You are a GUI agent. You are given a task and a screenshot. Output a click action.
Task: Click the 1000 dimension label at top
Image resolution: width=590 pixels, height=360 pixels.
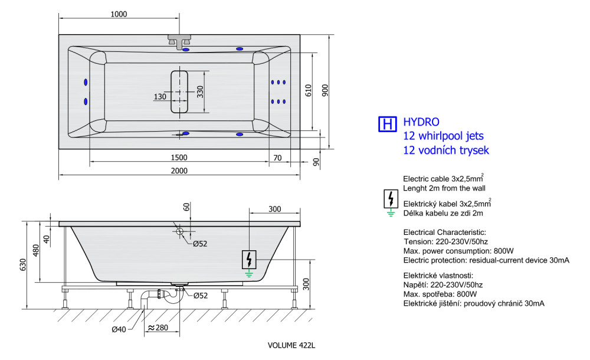[x=119, y=14]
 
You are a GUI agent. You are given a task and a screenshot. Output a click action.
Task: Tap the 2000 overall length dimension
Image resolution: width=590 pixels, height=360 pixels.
[x=179, y=171]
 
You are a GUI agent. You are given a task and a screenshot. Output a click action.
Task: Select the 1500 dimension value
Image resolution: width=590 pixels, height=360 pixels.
[x=179, y=158]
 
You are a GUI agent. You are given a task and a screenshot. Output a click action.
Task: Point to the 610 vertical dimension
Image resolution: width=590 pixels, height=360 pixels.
[x=308, y=90]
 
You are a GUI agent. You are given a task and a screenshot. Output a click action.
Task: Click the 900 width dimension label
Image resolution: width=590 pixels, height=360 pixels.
[x=325, y=90]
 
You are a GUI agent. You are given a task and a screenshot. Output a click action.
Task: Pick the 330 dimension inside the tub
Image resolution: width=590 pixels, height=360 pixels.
[x=200, y=92]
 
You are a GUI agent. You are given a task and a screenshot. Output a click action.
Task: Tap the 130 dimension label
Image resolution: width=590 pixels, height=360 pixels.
[x=160, y=97]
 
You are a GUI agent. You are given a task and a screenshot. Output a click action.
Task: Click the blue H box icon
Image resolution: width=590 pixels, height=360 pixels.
[x=387, y=124]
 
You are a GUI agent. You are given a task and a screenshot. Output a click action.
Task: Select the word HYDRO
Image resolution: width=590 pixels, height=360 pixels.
[x=421, y=122]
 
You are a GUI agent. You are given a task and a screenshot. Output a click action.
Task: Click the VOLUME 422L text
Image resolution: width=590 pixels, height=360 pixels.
[x=291, y=345]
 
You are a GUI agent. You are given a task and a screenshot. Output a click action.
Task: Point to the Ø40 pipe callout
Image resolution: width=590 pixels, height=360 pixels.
[x=119, y=329]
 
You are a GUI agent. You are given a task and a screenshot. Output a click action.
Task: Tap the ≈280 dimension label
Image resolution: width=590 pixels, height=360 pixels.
[x=158, y=328]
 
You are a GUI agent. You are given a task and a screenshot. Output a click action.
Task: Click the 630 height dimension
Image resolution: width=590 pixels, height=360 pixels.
[x=24, y=265]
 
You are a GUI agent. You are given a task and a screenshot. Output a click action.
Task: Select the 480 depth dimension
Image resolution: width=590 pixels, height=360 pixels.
[x=36, y=250]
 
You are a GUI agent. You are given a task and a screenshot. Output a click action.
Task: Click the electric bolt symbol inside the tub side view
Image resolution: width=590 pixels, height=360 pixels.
[x=249, y=260]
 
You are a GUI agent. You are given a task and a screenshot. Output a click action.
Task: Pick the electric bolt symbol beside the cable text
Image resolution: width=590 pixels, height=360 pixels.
[x=391, y=199]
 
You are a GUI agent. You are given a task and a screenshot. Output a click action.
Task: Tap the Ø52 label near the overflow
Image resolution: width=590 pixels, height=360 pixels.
[x=200, y=244]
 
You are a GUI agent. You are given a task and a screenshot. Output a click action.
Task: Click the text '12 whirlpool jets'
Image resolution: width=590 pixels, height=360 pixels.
[x=443, y=136]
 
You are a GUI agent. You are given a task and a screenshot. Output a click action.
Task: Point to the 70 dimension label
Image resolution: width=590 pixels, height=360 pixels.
[x=277, y=158]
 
